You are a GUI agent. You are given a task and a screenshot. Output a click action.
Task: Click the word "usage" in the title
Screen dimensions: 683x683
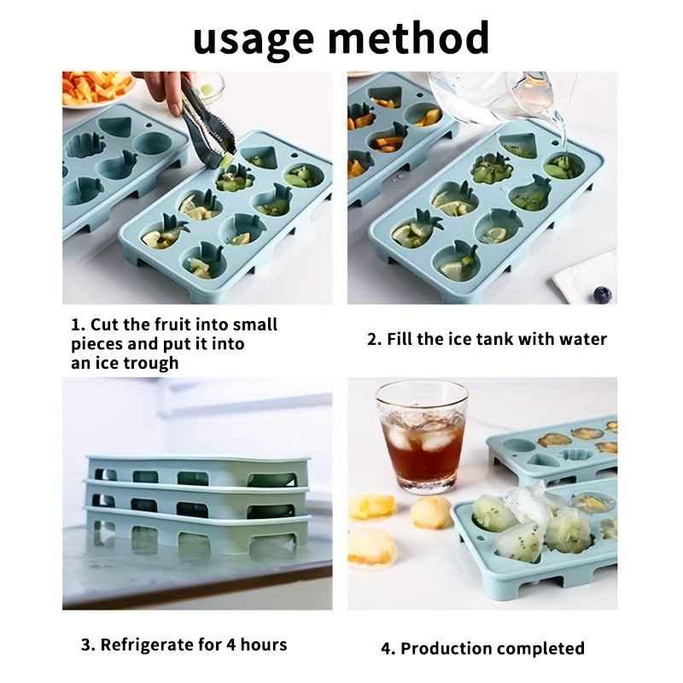pos(253,40)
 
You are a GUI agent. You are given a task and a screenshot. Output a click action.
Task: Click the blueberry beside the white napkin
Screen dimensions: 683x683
pos(603,295)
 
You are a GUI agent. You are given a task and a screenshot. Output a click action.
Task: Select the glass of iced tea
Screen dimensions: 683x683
pos(422,437)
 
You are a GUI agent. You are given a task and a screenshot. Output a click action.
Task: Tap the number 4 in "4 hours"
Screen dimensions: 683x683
pos(231,645)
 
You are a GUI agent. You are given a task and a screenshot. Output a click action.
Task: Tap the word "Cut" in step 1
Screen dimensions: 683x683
pos(104,324)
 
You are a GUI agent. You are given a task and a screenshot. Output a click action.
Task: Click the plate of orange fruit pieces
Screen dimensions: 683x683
pos(96,90)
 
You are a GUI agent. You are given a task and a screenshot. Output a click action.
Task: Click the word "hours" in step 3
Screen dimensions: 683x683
pos(264,645)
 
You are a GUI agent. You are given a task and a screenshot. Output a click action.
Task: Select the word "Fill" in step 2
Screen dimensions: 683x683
pos(399,338)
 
